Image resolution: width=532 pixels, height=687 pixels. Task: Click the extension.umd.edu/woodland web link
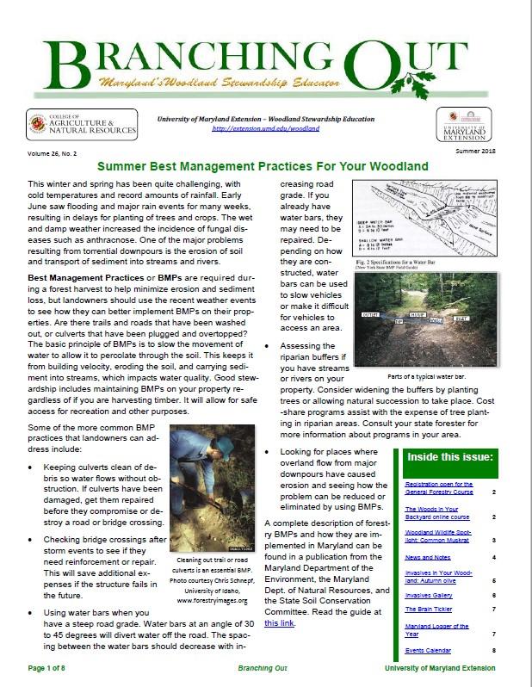coord(265,128)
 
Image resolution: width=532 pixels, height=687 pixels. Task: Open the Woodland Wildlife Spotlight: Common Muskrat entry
coord(439,536)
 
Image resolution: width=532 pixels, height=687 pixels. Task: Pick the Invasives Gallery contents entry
coord(428,595)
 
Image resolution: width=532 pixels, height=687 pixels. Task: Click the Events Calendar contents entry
coord(428,650)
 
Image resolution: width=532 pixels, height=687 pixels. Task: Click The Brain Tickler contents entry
coord(428,610)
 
